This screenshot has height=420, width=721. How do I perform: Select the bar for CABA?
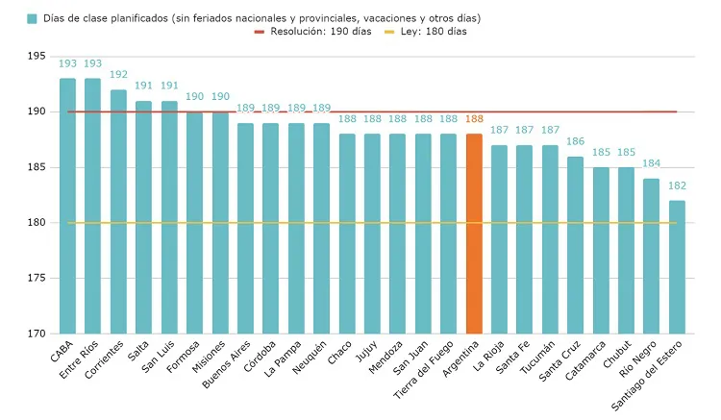[x=67, y=206]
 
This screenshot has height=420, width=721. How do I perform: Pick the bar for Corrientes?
[x=118, y=211]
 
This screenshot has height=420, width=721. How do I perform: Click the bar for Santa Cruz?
[x=575, y=245]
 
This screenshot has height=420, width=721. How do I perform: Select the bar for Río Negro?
[x=651, y=256]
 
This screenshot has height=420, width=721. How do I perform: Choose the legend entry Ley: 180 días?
[x=427, y=32]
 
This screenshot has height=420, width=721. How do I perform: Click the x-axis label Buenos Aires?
[x=229, y=361]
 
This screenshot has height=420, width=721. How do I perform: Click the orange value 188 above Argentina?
[x=473, y=118]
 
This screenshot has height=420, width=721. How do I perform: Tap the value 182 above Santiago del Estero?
[x=677, y=185]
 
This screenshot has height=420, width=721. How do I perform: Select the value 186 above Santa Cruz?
[x=575, y=140]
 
